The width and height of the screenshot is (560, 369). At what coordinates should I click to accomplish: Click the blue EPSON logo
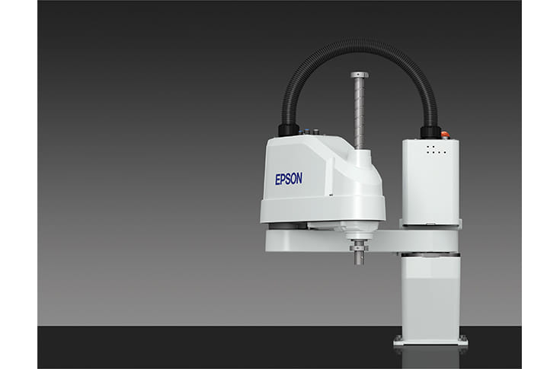(289, 179)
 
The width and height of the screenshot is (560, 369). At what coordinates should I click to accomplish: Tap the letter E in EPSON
(277, 180)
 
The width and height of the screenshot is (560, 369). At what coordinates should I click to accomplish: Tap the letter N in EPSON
(299, 178)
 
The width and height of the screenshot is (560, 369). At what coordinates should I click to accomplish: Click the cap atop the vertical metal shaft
(360, 75)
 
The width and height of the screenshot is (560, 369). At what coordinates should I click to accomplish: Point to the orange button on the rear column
(445, 135)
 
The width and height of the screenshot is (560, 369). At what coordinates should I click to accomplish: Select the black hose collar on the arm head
(289, 129)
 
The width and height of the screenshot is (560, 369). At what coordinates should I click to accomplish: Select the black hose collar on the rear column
(430, 132)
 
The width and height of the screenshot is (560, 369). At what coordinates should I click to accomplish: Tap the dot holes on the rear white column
(436, 150)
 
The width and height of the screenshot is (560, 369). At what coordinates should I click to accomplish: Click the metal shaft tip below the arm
(359, 259)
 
